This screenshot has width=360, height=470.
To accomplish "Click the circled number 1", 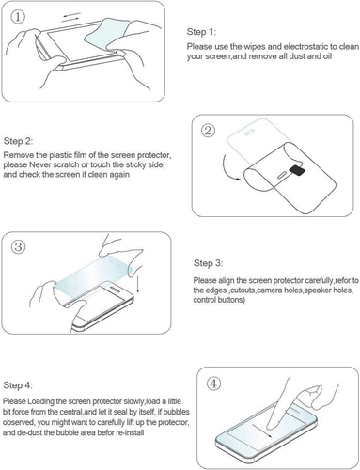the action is click(x=18, y=17).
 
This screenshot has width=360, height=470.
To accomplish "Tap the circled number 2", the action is click(x=208, y=130).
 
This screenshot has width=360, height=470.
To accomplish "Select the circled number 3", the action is click(x=18, y=246).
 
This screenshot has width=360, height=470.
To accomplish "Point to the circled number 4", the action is click(x=213, y=384).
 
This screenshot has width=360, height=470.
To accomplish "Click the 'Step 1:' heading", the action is click(x=201, y=32).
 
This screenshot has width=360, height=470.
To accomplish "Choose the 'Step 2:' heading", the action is click(x=18, y=141).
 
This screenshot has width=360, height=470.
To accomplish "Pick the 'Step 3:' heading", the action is click(x=209, y=263).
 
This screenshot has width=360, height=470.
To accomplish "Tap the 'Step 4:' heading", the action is click(x=18, y=385).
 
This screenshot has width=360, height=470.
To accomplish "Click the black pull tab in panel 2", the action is click(x=297, y=170).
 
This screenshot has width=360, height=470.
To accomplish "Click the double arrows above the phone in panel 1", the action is click(x=71, y=18).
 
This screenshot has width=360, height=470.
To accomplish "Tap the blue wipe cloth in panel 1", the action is click(x=106, y=32).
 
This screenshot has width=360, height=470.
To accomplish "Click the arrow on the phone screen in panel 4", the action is click(x=262, y=431).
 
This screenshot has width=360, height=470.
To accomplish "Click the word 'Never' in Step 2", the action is click(x=39, y=164).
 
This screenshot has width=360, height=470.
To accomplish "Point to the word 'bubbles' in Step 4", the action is click(x=177, y=412).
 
